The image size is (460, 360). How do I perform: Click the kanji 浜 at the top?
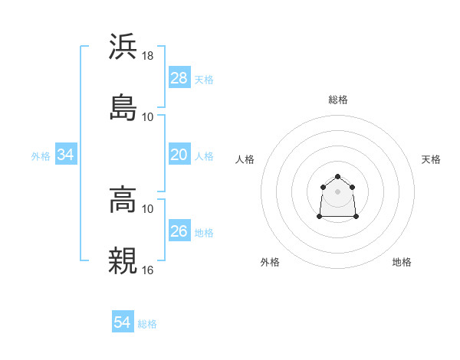pos(123,47)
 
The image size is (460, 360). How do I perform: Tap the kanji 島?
pos(123,106)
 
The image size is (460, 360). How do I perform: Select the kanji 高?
pos(123,201)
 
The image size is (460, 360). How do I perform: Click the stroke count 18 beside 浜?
pos(149,56)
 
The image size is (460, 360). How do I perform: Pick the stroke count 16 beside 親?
pos(149,269)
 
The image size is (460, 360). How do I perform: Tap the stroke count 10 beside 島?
pos(148,116)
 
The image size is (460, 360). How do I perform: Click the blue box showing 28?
pos(179,78)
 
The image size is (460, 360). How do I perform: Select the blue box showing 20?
pos(179,155)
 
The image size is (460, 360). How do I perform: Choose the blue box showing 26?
pos(179,231)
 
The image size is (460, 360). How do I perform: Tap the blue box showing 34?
pos(66,155)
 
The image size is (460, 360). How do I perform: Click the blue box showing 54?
pos(123,322)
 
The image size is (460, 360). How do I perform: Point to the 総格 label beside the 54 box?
pos(147,324)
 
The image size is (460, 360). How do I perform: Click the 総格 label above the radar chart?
pos(338,100)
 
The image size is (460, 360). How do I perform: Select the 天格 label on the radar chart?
pos(431,159)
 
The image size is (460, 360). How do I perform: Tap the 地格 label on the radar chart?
pos(402,262)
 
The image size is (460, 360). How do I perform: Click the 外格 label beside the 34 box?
pos(41,155)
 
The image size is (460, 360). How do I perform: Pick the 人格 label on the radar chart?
pos(245,159)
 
